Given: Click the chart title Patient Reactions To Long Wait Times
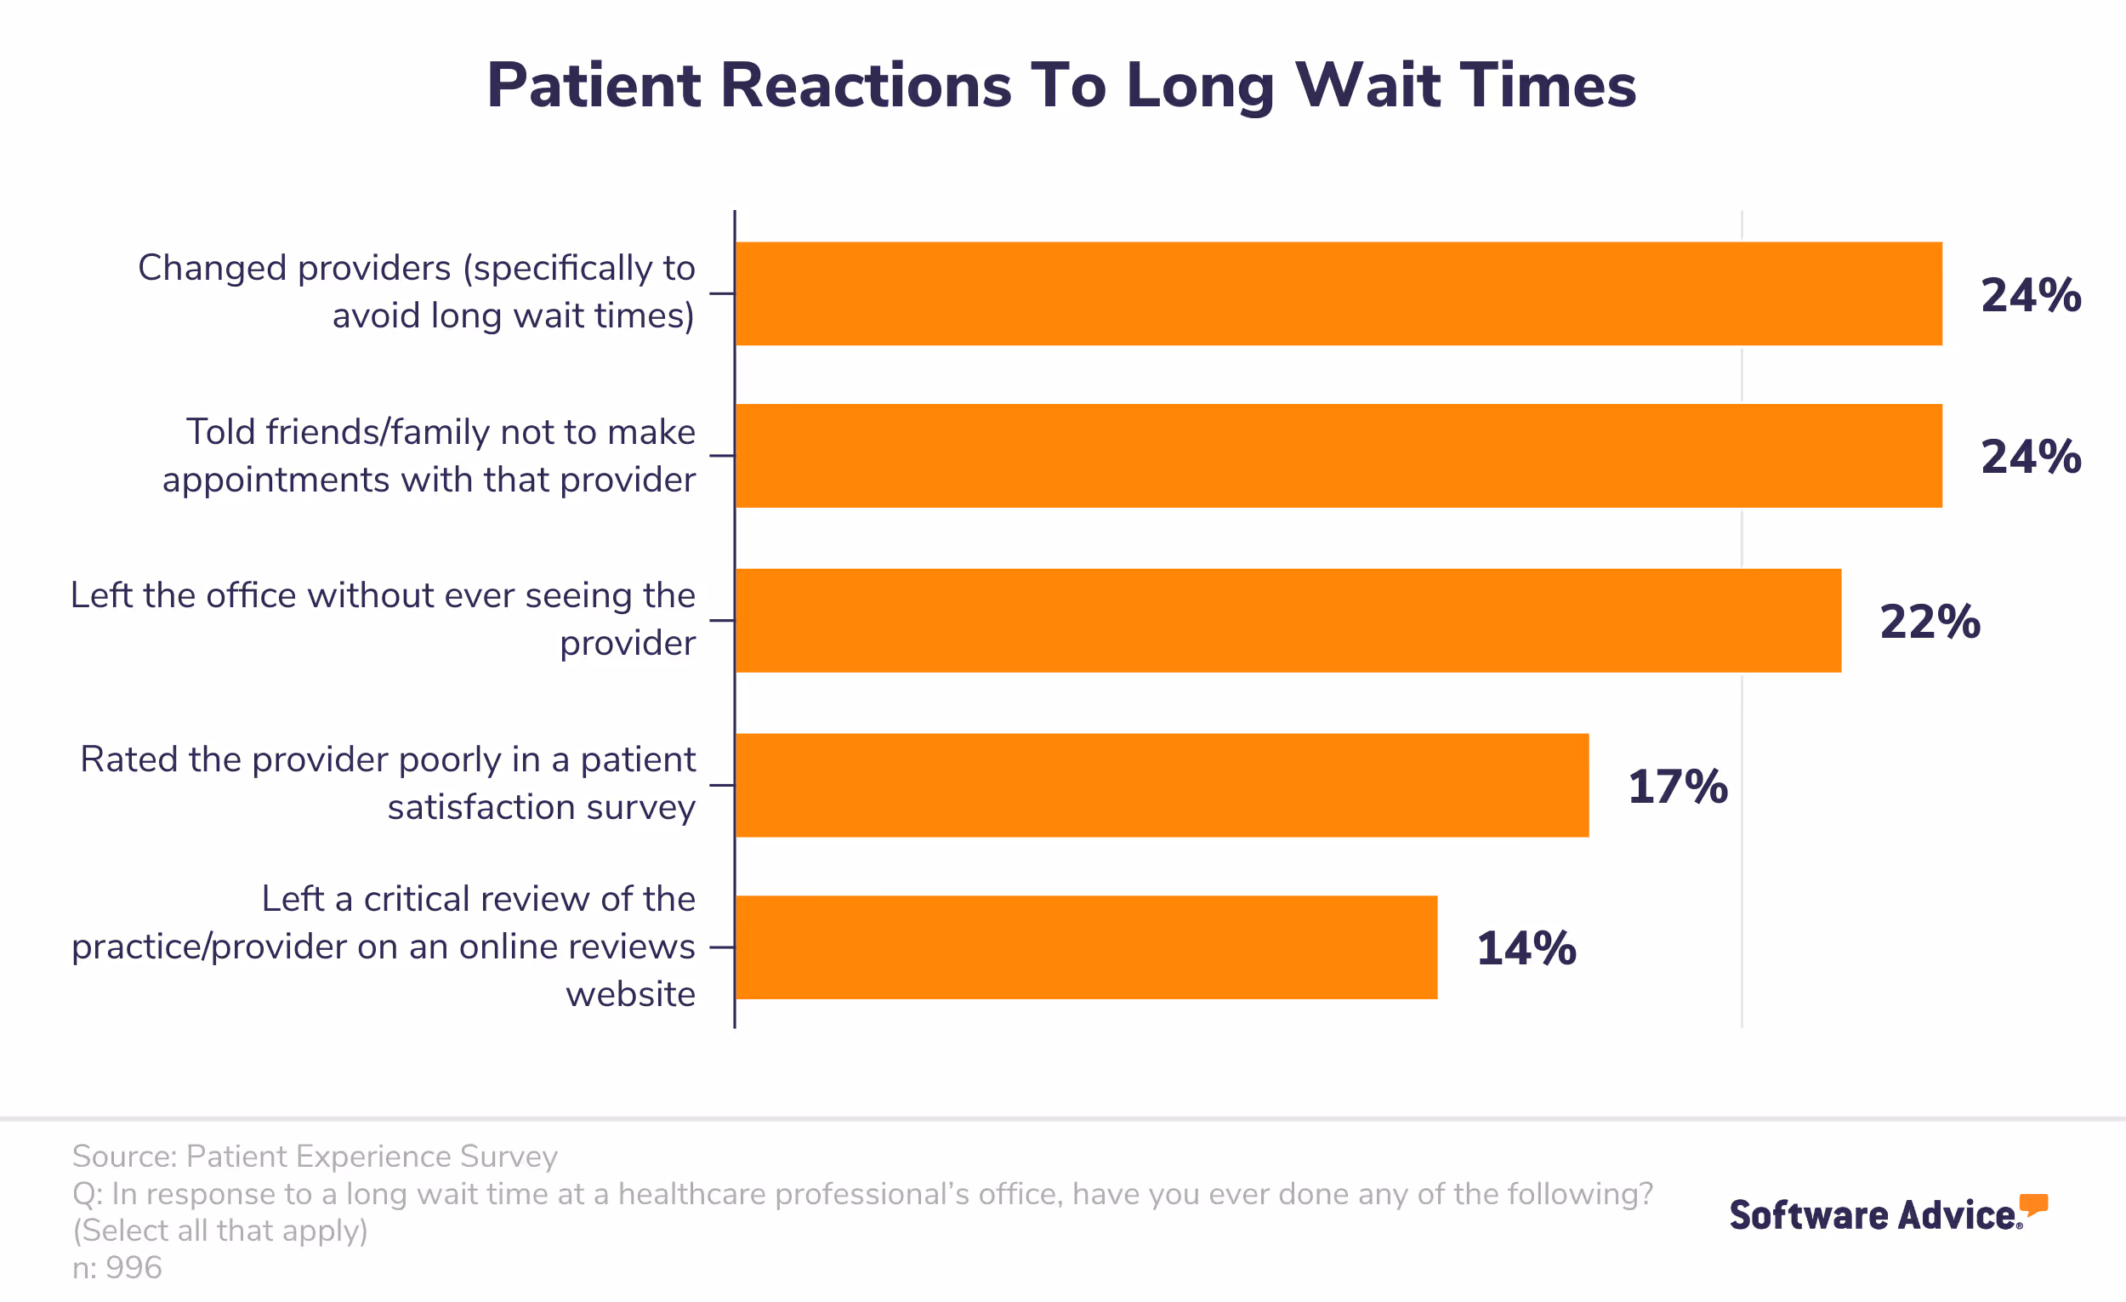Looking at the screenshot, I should pos(1061,85).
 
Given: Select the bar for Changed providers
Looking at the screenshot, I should pos(1338,293).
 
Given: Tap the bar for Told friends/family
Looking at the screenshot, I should pos(1338,456).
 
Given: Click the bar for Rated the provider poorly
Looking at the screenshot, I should pos(1162,785).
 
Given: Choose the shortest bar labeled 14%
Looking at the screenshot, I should pos(1085,947).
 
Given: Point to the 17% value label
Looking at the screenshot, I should pos(1677,787).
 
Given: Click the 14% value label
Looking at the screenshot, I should pos(1526,949).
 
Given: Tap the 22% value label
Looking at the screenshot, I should pos(1930,623).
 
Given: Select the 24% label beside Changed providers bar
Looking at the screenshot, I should pos(2030,295).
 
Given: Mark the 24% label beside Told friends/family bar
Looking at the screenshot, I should pos(2030,458).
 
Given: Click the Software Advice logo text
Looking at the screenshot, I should pos(1873,1215).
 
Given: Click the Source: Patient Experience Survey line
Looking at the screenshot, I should pos(315,1157).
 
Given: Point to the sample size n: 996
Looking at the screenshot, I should pos(117,1267).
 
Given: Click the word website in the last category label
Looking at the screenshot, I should pos(630,995).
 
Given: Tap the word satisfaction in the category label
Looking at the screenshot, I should pos(480,808).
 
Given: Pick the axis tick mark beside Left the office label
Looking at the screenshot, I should pos(721,620).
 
